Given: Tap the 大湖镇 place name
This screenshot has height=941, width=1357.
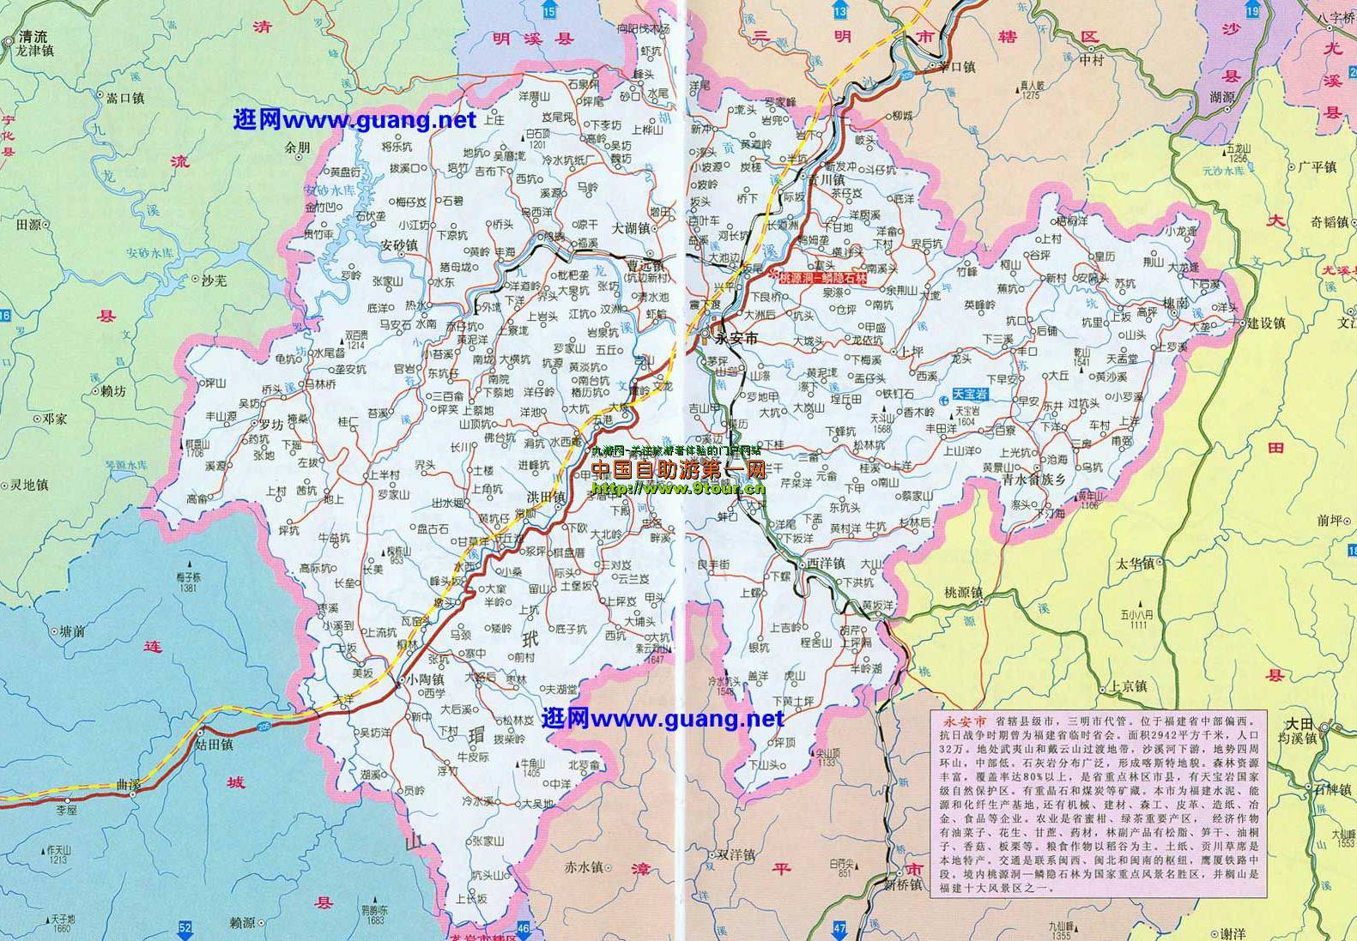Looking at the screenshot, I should (631, 229).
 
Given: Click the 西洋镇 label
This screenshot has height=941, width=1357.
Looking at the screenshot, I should (827, 563).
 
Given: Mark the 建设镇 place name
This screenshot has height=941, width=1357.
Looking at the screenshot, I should (1266, 323).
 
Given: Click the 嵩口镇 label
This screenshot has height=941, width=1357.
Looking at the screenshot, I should (124, 98).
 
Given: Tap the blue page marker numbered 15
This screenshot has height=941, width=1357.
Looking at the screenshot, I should (548, 10).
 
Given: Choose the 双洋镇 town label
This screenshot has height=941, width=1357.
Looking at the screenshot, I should (736, 855).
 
